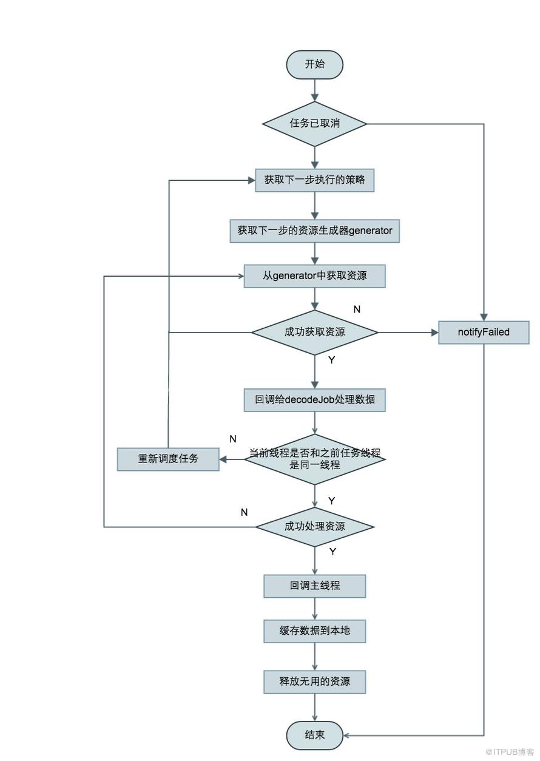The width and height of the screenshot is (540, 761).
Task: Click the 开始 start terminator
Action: [314, 64]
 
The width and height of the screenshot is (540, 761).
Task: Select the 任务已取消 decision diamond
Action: [314, 124]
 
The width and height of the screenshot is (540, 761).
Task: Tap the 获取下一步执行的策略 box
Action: [314, 180]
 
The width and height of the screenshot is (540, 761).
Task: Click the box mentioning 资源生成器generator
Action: [314, 231]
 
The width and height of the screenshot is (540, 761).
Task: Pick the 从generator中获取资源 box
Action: [314, 276]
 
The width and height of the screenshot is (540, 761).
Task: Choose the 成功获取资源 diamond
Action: [314, 333]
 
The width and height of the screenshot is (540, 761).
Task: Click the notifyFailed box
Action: [484, 333]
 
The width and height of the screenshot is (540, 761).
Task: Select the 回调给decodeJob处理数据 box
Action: [314, 400]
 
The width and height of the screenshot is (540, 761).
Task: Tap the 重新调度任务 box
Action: [168, 459]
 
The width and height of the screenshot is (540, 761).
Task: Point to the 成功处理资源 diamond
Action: [314, 527]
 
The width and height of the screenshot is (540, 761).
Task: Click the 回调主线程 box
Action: [314, 586]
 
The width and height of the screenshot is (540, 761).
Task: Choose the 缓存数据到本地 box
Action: [314, 631]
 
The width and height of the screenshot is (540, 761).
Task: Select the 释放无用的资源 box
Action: [314, 682]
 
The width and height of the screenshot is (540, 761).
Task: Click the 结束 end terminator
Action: [314, 735]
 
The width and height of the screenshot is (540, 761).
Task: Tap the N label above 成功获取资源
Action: [357, 309]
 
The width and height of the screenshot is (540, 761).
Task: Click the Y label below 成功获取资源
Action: [332, 360]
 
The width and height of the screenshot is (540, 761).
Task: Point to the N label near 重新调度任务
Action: [233, 439]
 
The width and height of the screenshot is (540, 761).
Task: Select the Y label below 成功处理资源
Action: [333, 552]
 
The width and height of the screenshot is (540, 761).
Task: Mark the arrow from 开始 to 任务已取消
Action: [315, 90]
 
